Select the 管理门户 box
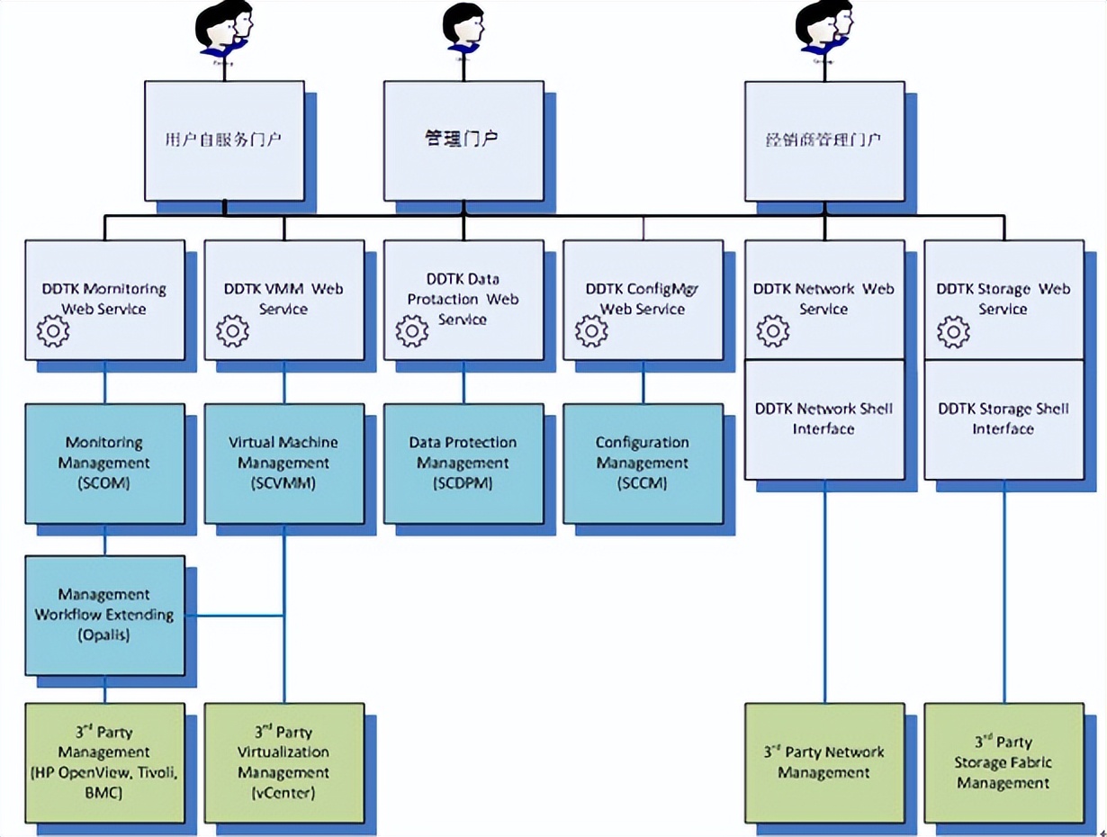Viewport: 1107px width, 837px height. pos(463,139)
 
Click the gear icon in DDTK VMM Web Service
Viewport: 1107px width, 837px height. pos(233,331)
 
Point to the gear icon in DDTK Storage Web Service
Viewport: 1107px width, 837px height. pos(953,331)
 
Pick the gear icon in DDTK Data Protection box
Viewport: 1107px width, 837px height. pos(412,331)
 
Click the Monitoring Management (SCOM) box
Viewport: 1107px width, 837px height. pos(104,463)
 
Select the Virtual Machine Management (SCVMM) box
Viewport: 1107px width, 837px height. pos(283,463)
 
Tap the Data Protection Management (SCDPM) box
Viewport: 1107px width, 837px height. pos(463,463)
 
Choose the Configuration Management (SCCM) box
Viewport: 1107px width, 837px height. pos(643,463)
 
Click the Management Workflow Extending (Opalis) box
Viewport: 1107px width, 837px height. pos(104,615)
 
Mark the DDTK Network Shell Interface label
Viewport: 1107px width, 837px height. pos(823,418)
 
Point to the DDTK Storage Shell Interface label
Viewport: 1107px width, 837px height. pos(1003,418)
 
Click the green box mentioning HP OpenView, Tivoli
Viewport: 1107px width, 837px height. pos(104,762)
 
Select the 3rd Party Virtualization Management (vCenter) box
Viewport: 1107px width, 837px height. pos(283,762)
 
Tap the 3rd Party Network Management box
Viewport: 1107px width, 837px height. pos(824,762)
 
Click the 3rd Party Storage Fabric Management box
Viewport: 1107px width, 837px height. pos(1003,762)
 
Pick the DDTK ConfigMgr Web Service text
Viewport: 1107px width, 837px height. pos(643,299)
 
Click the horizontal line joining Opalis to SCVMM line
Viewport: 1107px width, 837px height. pos(235,616)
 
